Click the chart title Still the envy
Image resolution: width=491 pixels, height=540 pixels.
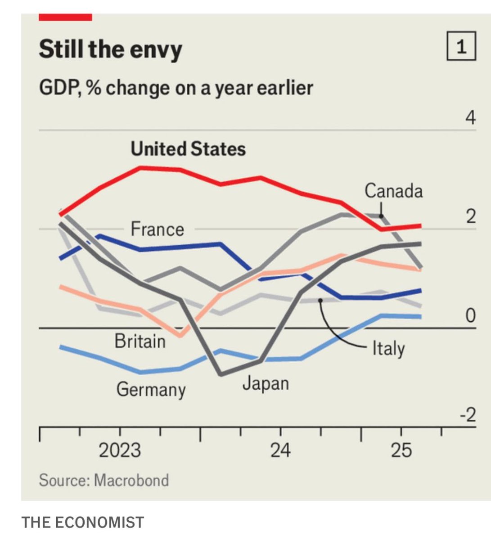(110, 49)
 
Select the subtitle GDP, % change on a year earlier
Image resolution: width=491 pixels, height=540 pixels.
(176, 88)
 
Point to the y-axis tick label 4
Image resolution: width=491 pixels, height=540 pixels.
(470, 118)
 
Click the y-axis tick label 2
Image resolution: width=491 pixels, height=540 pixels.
(470, 217)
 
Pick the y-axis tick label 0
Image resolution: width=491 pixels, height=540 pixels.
(470, 316)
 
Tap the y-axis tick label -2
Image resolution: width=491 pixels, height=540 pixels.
(468, 415)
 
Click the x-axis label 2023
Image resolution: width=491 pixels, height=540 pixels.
(120, 450)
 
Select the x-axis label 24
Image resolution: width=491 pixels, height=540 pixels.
(280, 450)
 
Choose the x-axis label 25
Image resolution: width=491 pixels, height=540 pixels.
(401, 450)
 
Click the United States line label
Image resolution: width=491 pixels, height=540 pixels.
(188, 149)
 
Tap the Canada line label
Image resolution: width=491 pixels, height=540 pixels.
(393, 191)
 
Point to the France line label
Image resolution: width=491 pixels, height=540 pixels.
(157, 229)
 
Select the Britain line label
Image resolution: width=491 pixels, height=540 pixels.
(140, 341)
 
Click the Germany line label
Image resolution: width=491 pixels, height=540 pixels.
(151, 389)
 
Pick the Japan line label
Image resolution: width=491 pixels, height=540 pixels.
(266, 383)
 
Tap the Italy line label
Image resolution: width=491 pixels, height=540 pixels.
(388, 348)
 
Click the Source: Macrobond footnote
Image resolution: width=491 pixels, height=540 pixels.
(104, 480)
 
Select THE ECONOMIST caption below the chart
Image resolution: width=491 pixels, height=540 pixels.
(83, 522)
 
